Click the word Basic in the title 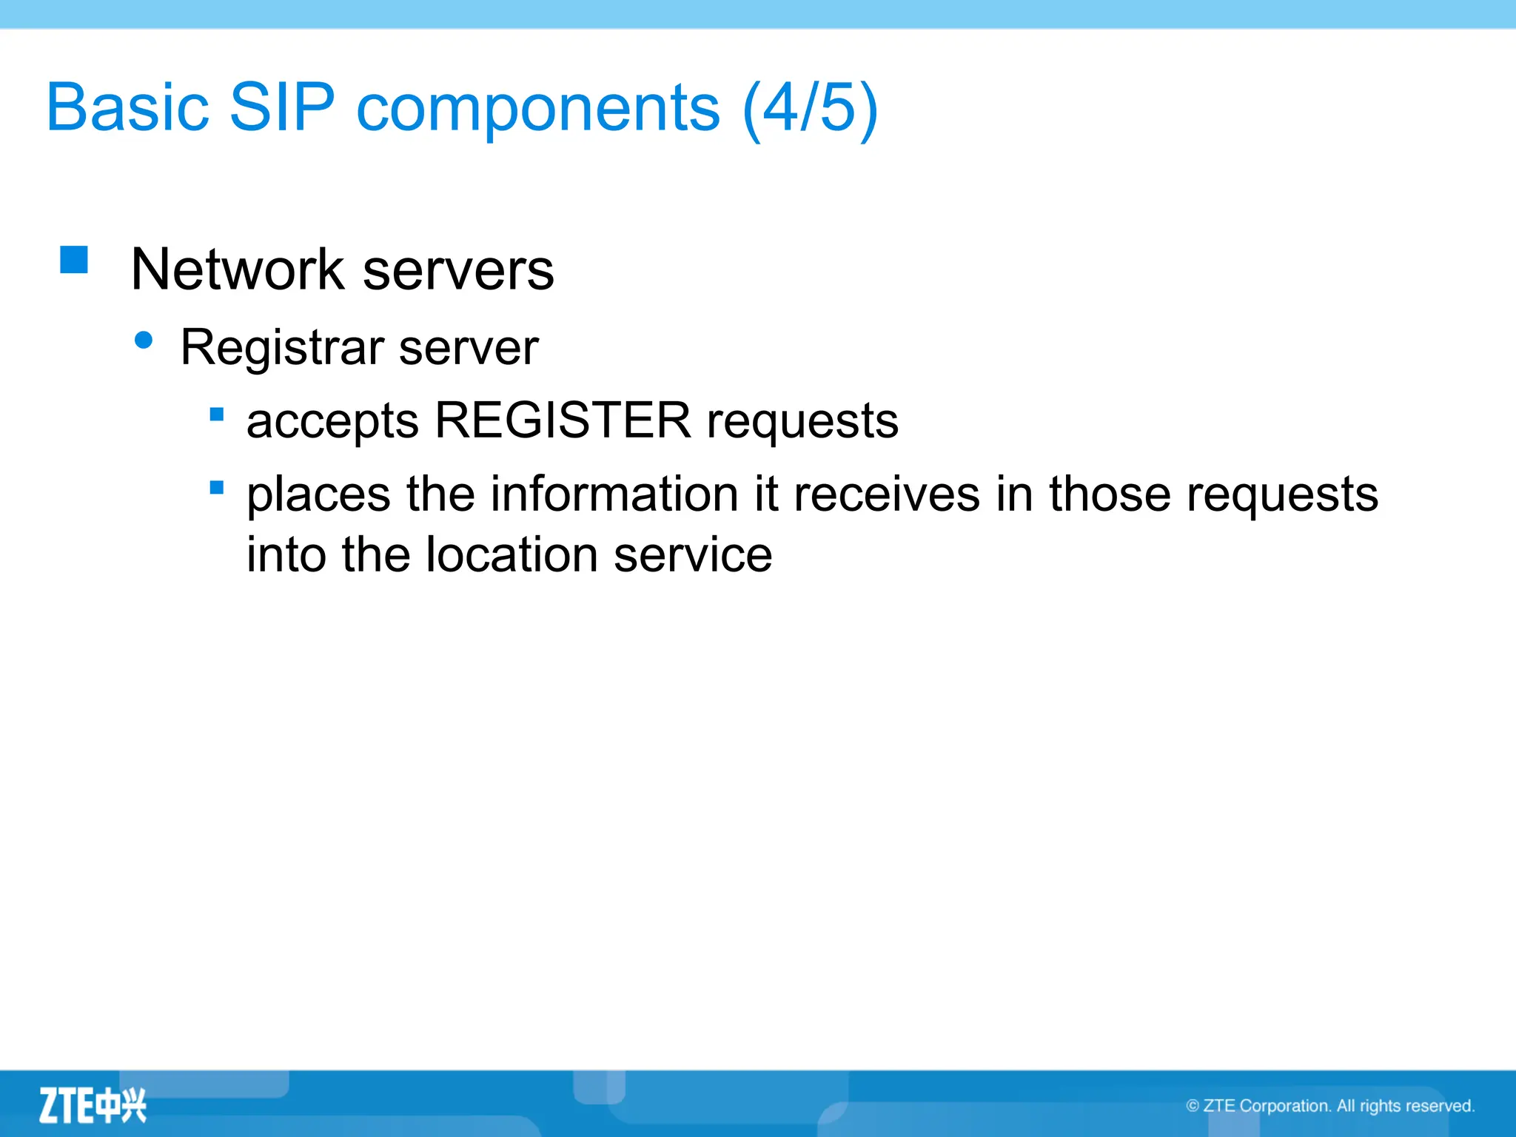click(127, 108)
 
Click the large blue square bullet click(74, 261)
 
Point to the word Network click(237, 269)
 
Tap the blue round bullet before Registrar click(144, 341)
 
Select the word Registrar click(283, 347)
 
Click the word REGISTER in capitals click(563, 420)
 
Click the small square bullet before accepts click(217, 415)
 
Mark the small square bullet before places click(217, 487)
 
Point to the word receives click(887, 494)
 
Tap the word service click(693, 555)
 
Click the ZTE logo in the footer click(93, 1106)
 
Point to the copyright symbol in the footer click(1193, 1106)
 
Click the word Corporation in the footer click(1285, 1106)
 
